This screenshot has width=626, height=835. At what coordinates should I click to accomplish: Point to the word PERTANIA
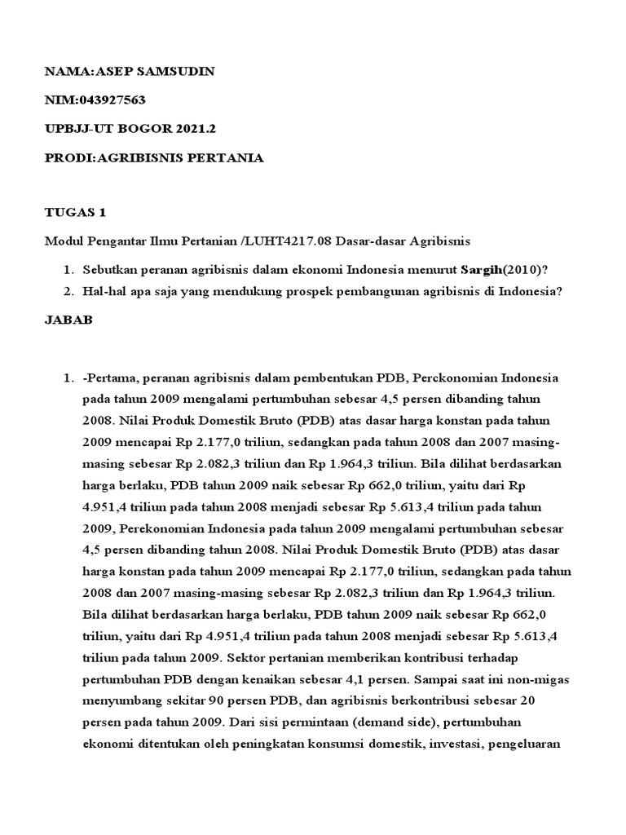pyautogui.click(x=225, y=157)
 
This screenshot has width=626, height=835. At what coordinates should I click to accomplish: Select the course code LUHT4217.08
pyautogui.click(x=283, y=241)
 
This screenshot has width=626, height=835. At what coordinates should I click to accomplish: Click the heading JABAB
pyautogui.click(x=68, y=320)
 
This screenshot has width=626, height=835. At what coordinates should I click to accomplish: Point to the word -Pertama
pyautogui.click(x=110, y=378)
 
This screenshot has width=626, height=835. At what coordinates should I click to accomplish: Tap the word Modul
pyautogui.click(x=60, y=241)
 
